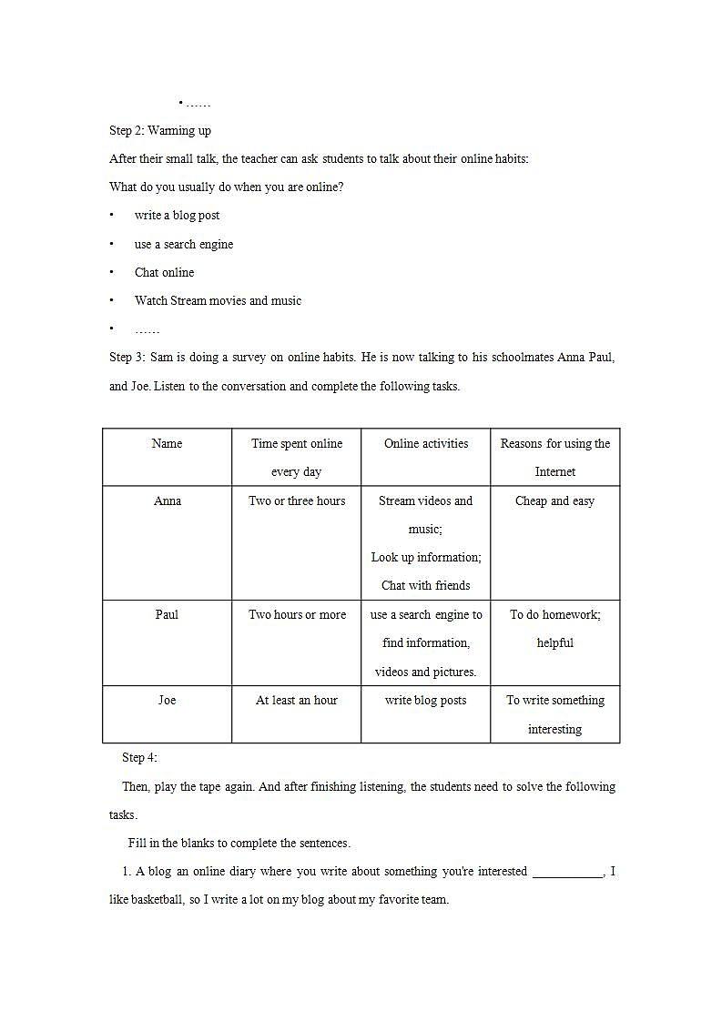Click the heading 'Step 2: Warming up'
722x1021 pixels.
tap(160, 131)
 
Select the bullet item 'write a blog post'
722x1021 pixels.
tap(177, 216)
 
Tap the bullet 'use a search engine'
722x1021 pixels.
tap(184, 245)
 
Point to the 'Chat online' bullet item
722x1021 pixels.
tap(164, 273)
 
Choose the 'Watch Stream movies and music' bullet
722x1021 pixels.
tap(218, 301)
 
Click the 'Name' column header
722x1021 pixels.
tap(167, 444)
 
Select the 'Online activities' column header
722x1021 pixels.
tap(426, 444)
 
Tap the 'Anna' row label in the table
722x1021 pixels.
tap(168, 501)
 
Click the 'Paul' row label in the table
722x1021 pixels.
tap(167, 615)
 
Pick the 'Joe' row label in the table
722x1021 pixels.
tap(168, 701)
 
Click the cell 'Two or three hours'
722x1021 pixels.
tap(297, 501)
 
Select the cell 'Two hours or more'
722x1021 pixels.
tap(297, 615)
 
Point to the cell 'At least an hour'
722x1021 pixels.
tap(297, 701)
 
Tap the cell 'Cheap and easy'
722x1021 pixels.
tap(554, 501)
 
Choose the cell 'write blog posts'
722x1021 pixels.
tap(426, 701)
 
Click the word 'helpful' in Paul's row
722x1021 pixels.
tap(554, 643)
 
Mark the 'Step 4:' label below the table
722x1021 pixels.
tap(140, 758)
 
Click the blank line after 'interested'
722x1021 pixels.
tap(567, 872)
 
